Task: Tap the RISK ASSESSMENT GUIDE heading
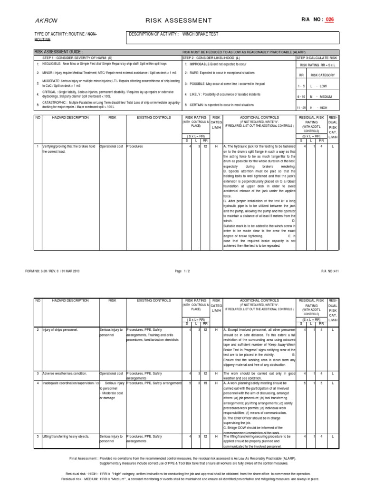(x=58, y=51)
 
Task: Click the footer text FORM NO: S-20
(x=52, y=270)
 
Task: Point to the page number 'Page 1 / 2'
(x=182, y=270)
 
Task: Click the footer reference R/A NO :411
(x=330, y=270)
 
